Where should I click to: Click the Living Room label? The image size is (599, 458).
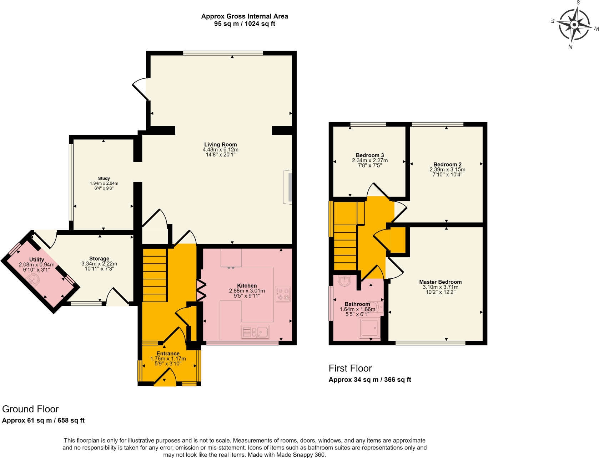221,144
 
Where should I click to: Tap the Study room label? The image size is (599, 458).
104,178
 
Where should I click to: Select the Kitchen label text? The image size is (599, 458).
247,285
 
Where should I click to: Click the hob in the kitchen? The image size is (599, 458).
283,294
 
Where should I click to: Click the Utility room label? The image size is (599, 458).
36,259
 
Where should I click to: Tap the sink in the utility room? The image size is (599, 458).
33,280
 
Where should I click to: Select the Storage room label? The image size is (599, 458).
99,258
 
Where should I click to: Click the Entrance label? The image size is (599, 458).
168,354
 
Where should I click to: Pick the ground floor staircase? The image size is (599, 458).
155,275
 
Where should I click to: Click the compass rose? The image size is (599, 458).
574,25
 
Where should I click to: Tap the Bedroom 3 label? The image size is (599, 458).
370,155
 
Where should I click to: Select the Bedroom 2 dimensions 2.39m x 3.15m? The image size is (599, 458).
447,170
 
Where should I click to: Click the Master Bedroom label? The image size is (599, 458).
441,282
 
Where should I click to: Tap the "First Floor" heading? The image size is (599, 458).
350,368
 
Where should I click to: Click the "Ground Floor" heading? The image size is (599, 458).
30,409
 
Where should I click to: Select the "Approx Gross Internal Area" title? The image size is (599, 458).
245,16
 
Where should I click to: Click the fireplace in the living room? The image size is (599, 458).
288,187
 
